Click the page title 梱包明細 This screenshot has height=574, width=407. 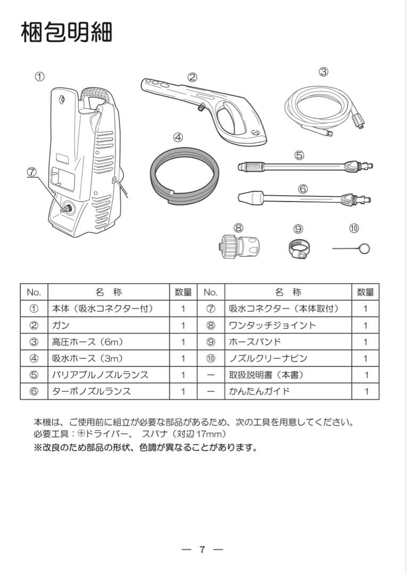click(66, 32)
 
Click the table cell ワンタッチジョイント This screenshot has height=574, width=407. click(272, 325)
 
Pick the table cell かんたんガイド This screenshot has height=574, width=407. click(259, 392)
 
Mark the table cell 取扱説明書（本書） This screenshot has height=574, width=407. click(266, 375)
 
